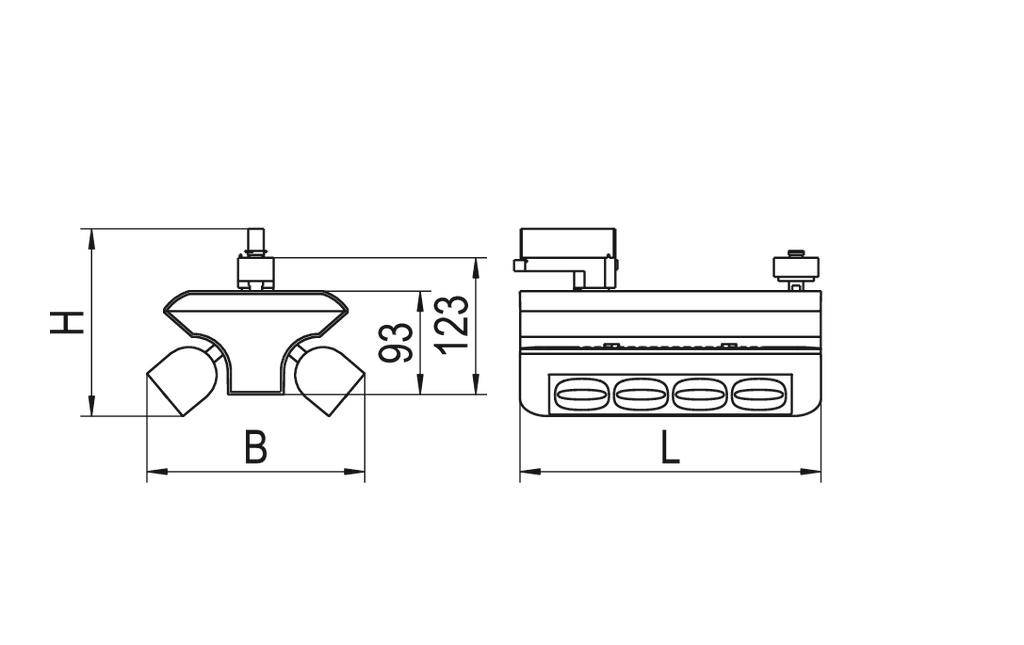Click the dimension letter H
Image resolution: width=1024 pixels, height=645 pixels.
click(x=66, y=322)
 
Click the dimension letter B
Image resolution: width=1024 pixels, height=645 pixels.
click(x=256, y=447)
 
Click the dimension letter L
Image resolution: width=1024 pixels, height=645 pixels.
click(x=670, y=447)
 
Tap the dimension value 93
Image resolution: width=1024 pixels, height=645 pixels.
click(x=397, y=342)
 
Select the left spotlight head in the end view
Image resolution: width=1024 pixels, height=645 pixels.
click(x=183, y=381)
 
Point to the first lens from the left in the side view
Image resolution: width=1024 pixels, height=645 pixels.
click(x=580, y=394)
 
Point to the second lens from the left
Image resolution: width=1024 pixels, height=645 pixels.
click(x=640, y=394)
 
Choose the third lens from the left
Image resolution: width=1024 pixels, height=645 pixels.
click(x=699, y=394)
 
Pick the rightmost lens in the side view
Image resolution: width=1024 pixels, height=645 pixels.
click(x=758, y=394)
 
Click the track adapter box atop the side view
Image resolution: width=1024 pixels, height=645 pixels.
click(x=568, y=248)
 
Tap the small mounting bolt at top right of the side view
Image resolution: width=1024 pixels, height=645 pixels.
click(x=796, y=266)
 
